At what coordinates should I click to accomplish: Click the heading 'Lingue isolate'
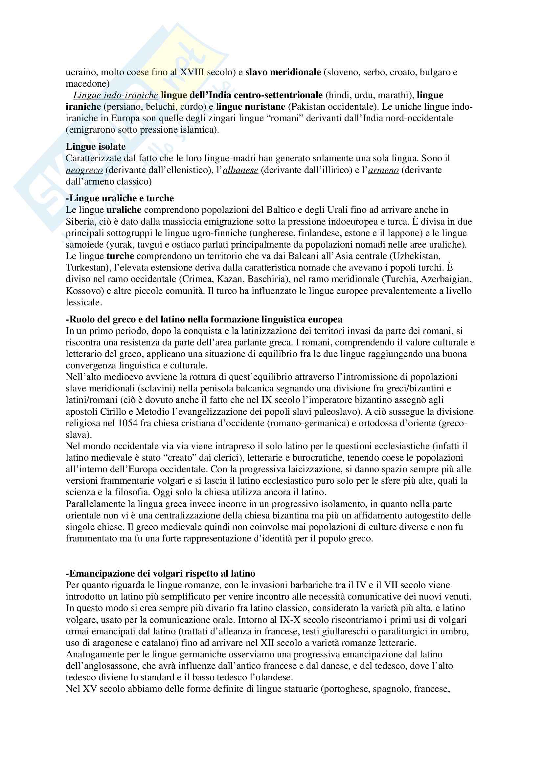95,146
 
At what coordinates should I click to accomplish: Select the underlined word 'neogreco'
84,170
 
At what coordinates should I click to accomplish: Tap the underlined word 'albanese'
240,170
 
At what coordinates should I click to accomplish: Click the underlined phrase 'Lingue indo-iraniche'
116,95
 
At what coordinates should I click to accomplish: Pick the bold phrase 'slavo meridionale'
283,72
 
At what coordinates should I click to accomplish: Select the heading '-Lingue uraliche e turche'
120,198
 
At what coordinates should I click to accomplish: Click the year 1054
128,423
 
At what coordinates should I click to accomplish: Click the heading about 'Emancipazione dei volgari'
161,574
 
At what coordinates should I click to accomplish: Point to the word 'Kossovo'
85,291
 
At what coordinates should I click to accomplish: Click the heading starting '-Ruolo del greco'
204,319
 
